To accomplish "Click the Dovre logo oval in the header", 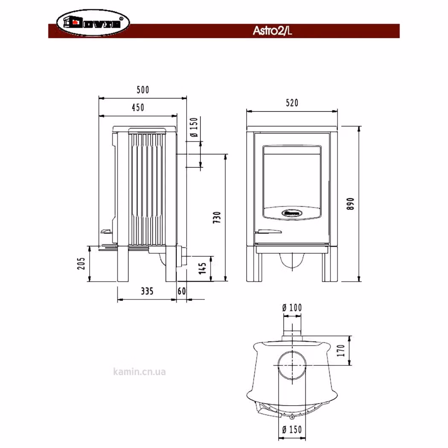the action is click(93, 23).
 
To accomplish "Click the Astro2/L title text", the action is click(272, 31).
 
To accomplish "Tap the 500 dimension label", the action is click(143, 90).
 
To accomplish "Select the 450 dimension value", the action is click(138, 108).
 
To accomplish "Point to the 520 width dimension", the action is click(292, 103).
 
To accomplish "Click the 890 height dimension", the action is click(351, 204).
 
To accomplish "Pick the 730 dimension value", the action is click(217, 218).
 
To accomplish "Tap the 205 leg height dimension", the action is click(81, 263).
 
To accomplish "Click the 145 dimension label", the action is click(202, 268).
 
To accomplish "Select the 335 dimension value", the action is click(147, 291).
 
